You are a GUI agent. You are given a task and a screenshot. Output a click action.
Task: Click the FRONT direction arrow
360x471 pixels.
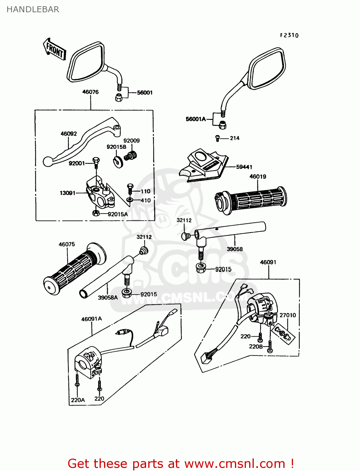(54, 50)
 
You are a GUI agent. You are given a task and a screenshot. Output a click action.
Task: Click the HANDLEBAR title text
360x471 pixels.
(33, 9)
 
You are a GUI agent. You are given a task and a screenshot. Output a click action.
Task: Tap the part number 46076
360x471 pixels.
(90, 92)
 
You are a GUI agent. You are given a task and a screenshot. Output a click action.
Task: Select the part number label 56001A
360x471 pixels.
(195, 119)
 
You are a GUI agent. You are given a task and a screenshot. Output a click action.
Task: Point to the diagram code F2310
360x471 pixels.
(289, 35)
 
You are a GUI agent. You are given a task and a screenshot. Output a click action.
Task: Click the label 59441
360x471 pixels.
(244, 167)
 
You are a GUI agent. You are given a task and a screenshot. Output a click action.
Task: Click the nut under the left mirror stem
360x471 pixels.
(119, 97)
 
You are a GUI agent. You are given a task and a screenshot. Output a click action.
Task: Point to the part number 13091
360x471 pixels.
(68, 193)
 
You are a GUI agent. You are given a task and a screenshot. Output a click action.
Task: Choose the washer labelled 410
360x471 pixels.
(129, 200)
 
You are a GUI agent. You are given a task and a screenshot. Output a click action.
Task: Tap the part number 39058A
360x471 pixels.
(108, 298)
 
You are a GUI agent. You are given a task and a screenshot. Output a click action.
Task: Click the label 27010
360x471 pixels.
(288, 315)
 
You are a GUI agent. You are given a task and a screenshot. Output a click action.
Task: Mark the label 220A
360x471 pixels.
(78, 400)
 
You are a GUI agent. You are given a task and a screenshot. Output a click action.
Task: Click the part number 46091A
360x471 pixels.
(92, 319)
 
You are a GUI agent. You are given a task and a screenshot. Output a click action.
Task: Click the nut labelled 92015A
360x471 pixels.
(96, 213)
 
